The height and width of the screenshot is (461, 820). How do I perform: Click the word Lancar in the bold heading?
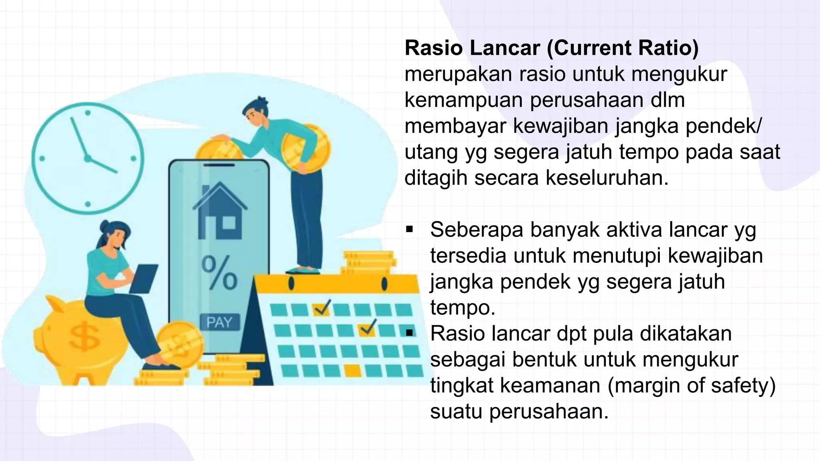click(x=504, y=48)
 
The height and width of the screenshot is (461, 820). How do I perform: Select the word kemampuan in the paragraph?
click(x=464, y=100)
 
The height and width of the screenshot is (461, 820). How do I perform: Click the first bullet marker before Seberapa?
click(x=409, y=230)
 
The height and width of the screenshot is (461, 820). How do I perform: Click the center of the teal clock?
click(x=88, y=158)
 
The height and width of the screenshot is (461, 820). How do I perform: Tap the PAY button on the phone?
click(x=219, y=322)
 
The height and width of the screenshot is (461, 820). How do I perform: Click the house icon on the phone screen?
click(x=220, y=211)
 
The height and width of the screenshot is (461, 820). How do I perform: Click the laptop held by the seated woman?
click(x=144, y=279)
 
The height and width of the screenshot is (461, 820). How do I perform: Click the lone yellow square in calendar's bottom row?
click(x=352, y=371)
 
